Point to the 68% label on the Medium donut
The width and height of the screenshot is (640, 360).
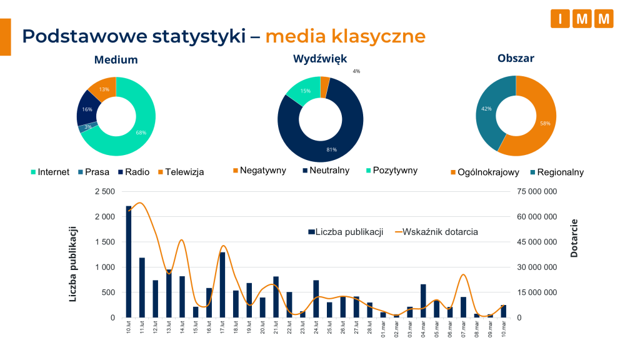coord(141,132)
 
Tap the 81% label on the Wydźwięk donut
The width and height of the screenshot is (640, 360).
coord(331,149)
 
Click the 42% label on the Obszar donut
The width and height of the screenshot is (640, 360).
coord(486,109)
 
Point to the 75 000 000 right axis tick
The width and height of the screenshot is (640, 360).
coord(536,191)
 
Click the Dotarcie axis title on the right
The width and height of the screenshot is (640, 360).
coord(574,238)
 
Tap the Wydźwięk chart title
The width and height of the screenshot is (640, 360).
coord(320,59)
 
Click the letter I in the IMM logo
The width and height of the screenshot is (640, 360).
coord(560,19)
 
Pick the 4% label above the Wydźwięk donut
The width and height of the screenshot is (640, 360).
coord(356,71)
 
